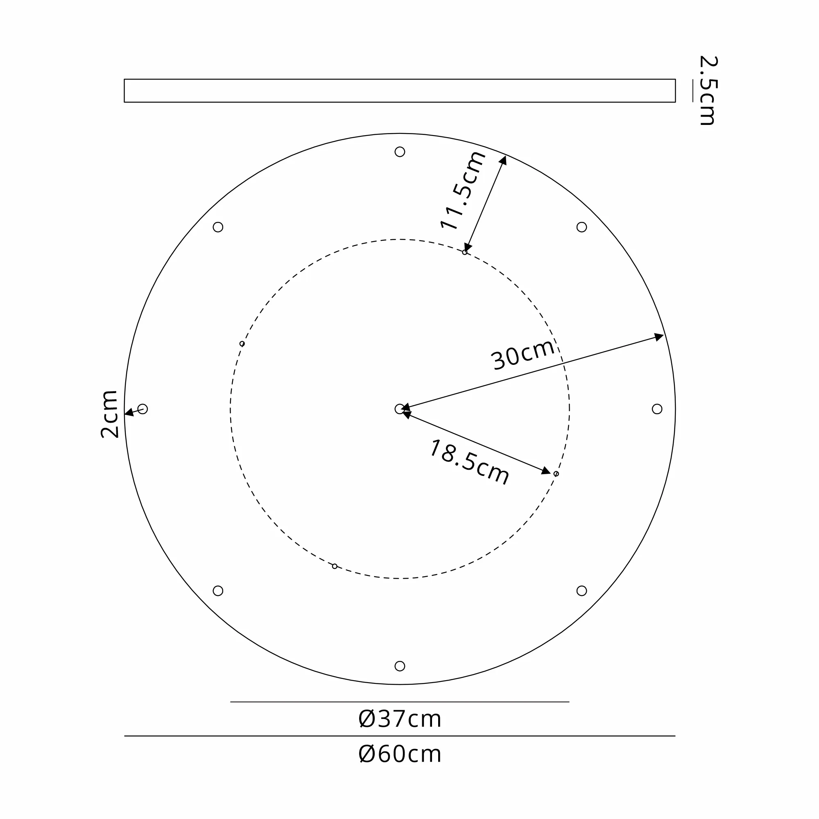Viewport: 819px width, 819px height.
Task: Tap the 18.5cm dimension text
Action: click(469, 462)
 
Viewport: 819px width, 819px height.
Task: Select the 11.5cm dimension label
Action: click(462, 190)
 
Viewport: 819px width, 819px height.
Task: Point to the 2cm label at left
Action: click(109, 414)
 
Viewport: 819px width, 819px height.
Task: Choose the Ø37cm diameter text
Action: click(400, 719)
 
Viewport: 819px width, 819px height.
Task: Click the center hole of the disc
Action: click(399, 409)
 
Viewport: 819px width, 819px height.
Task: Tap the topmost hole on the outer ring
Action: click(400, 152)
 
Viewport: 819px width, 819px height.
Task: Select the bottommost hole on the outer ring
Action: click(400, 666)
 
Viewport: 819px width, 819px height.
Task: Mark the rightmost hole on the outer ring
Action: click(657, 409)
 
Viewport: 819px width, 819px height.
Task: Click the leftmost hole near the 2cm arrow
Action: click(143, 409)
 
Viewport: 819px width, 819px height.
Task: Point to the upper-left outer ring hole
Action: click(218, 227)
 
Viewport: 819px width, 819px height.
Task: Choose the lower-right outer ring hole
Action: click(581, 590)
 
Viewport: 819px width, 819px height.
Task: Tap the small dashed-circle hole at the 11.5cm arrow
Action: click(465, 252)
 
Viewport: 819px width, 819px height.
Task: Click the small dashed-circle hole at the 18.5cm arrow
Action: click(556, 473)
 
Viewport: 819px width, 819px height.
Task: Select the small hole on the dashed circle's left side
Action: click(242, 344)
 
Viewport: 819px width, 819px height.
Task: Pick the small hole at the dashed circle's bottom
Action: click(335, 566)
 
